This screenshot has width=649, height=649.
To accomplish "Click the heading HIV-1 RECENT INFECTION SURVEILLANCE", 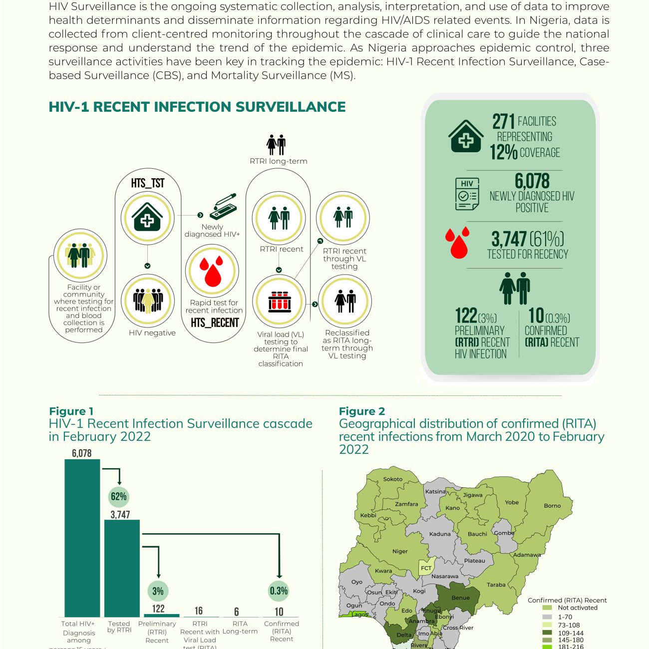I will pyautogui.click(x=197, y=107).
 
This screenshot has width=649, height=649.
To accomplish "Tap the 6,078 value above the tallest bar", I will pyautogui.click(x=82, y=453).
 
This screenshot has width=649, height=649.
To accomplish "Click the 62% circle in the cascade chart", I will pyautogui.click(x=119, y=496).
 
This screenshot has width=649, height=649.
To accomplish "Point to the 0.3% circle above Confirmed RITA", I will pyautogui.click(x=279, y=591).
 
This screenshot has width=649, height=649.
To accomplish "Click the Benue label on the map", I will pyautogui.click(x=460, y=598).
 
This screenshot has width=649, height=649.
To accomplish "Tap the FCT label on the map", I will pyautogui.click(x=426, y=568).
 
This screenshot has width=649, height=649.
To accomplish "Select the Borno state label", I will pyautogui.click(x=552, y=506).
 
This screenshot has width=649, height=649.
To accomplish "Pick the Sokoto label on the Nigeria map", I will pyautogui.click(x=393, y=479).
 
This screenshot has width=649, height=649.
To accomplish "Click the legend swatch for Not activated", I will pyautogui.click(x=547, y=608).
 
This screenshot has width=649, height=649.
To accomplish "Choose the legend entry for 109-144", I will pyautogui.click(x=547, y=633).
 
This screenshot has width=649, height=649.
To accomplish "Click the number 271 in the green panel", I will pyautogui.click(x=503, y=121).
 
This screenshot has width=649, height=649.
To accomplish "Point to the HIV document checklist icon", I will pyautogui.click(x=467, y=194).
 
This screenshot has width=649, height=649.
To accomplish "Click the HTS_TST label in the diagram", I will pyautogui.click(x=148, y=183).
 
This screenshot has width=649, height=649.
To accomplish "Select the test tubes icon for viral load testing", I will pyautogui.click(x=279, y=302).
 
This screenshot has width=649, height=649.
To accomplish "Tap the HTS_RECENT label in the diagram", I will pyautogui.click(x=215, y=323).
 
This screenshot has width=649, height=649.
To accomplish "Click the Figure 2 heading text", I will pyautogui.click(x=362, y=411).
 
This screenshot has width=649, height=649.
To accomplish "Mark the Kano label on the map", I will pyautogui.click(x=453, y=508).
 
